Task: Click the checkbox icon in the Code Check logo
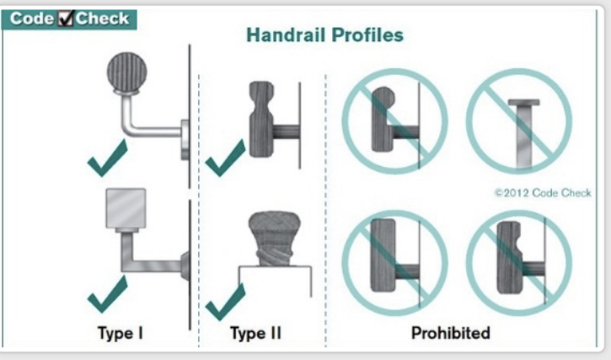[66, 19]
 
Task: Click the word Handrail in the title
[286, 35]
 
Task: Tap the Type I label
[121, 333]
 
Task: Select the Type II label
[255, 333]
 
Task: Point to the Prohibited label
[451, 333]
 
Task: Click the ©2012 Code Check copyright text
[543, 193]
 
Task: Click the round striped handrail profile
[127, 73]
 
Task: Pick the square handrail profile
[126, 208]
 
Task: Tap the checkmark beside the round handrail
[107, 158]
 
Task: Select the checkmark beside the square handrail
[107, 294]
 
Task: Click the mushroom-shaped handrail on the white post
[275, 239]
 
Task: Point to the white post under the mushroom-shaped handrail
[275, 282]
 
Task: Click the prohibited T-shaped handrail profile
[524, 133]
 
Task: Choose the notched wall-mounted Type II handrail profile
[261, 119]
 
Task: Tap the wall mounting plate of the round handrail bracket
[185, 139]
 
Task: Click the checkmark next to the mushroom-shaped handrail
[225, 302]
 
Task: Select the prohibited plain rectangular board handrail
[383, 255]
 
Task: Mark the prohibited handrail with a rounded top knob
[383, 120]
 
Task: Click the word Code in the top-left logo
[32, 19]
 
